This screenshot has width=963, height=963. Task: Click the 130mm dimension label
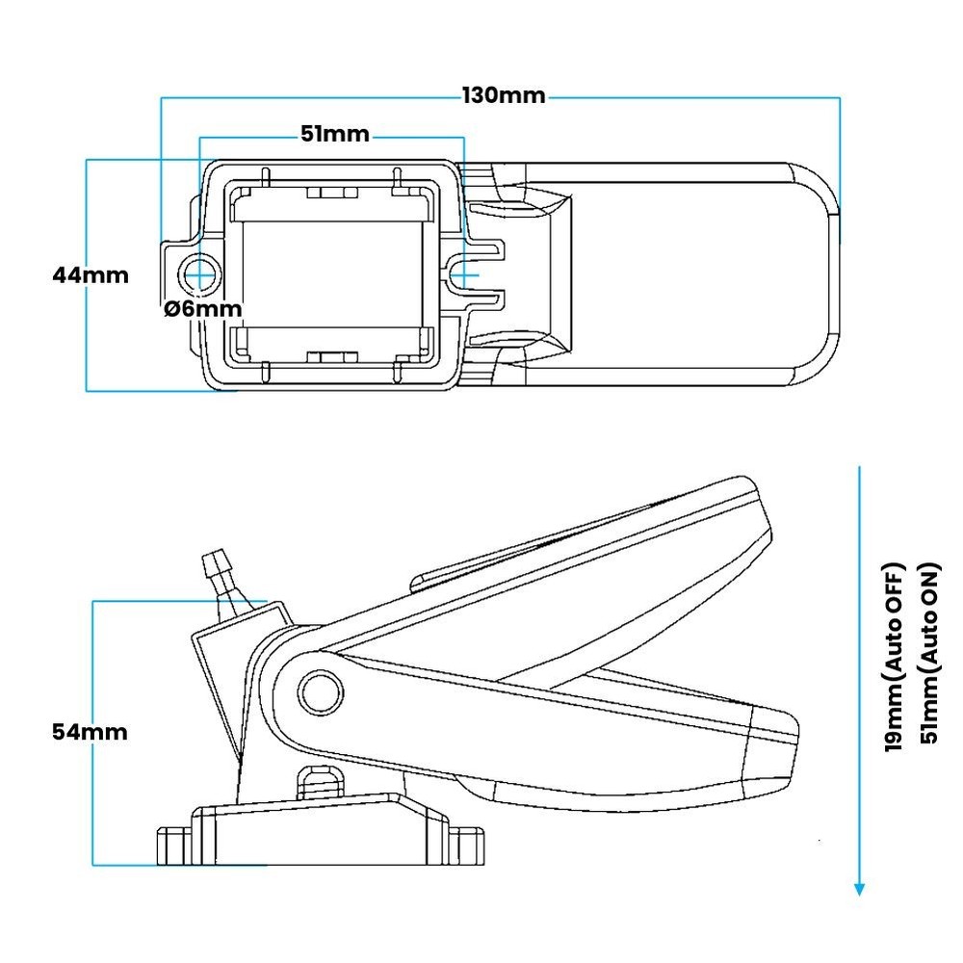pyautogui.click(x=504, y=96)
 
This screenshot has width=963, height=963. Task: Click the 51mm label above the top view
pyautogui.click(x=334, y=135)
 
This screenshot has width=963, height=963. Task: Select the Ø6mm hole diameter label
pyautogui.click(x=202, y=309)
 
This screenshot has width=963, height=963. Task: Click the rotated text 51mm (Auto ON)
pyautogui.click(x=929, y=655)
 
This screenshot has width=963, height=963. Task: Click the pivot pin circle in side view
pyautogui.click(x=318, y=690)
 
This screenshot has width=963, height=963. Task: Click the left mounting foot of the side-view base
pyautogui.click(x=174, y=845)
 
